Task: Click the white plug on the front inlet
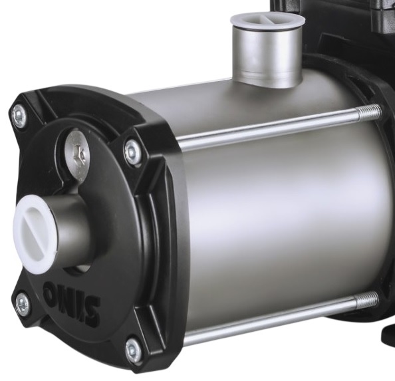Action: point(35,234)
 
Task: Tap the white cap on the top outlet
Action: point(268,21)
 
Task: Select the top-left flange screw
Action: point(19,116)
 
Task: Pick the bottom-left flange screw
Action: point(23,304)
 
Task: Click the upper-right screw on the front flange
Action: point(132,152)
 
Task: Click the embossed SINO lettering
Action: point(71,300)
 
